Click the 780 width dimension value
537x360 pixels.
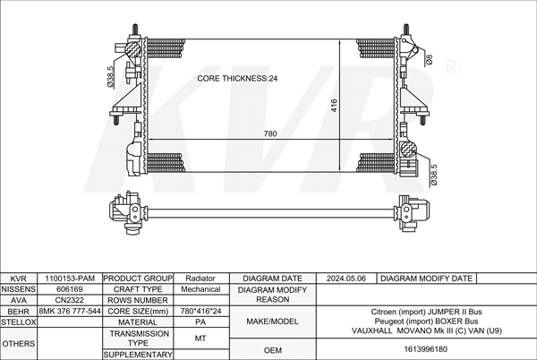(270, 133)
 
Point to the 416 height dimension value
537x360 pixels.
(334, 105)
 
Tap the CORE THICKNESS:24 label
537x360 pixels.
(237, 79)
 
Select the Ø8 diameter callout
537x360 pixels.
(429, 60)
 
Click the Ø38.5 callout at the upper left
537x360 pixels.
(110, 77)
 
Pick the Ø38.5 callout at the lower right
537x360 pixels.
(433, 175)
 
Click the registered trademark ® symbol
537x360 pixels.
(451, 67)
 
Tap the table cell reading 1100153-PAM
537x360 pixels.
(70, 279)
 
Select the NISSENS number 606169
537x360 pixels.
(70, 289)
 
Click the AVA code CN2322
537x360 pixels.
(70, 300)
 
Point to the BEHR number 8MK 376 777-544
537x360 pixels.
(70, 311)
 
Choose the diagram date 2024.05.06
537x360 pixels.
(345, 279)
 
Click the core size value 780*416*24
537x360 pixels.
(200, 311)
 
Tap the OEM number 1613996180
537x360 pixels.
(426, 349)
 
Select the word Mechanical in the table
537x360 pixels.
(200, 289)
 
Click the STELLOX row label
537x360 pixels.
(19, 322)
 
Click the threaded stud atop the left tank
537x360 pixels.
(135, 30)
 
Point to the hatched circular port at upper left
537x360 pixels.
(132, 49)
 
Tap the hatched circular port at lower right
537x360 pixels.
(407, 150)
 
